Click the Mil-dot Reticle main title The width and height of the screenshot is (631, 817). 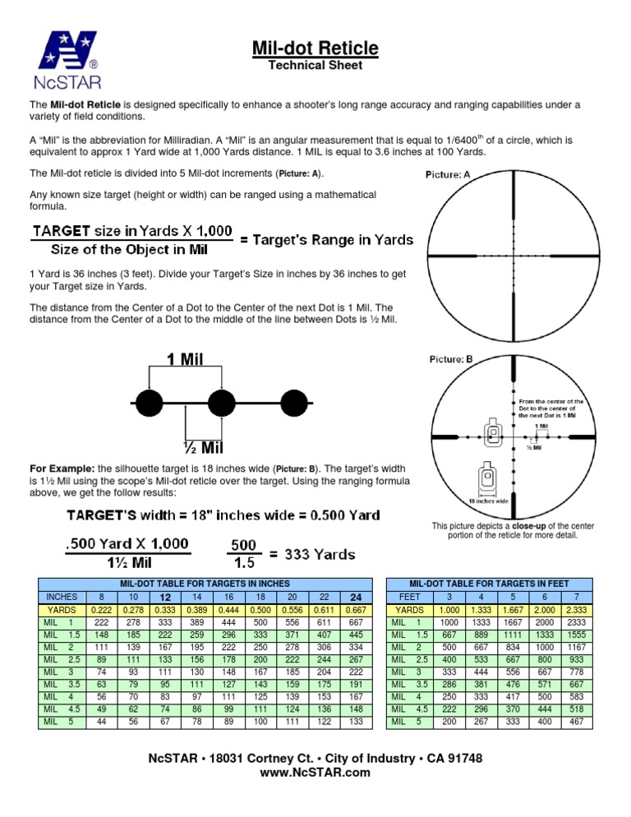pos(315,48)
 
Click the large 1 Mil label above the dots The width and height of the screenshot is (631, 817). pos(186,358)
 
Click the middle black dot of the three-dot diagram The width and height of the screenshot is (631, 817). pos(221,403)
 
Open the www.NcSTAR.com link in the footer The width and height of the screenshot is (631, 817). pos(315,773)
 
